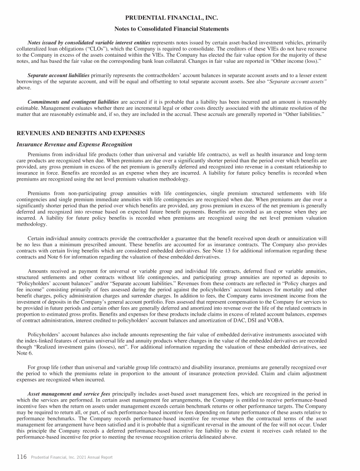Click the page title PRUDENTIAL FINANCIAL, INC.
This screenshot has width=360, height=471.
(x=180, y=18)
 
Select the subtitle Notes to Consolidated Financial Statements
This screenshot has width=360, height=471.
(x=180, y=29)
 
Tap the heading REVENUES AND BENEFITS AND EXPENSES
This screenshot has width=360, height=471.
(x=81, y=133)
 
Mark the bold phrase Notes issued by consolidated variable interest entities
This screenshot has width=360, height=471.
(x=89, y=43)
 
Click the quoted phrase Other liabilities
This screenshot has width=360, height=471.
(x=305, y=115)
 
